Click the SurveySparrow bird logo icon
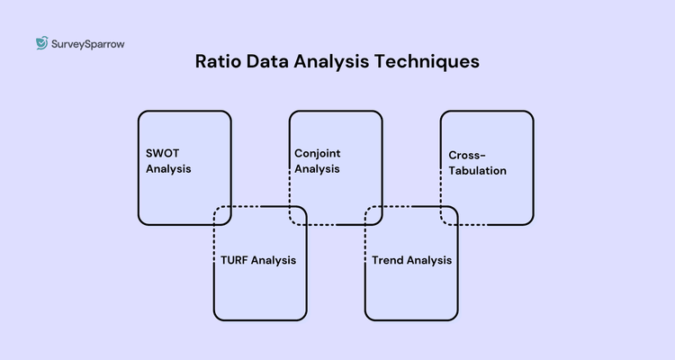pos(41,42)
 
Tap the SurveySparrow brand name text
pos(87,42)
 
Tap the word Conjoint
pos(318,153)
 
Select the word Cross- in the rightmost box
pos(467,156)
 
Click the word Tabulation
pos(477,170)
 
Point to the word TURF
pos(235,261)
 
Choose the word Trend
pos(387,261)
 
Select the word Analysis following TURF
pos(274,261)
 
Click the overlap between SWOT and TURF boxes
pos(222,215)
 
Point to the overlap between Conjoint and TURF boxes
pos(298,215)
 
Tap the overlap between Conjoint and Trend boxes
pos(373,215)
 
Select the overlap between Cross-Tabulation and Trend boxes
pos(449,215)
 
